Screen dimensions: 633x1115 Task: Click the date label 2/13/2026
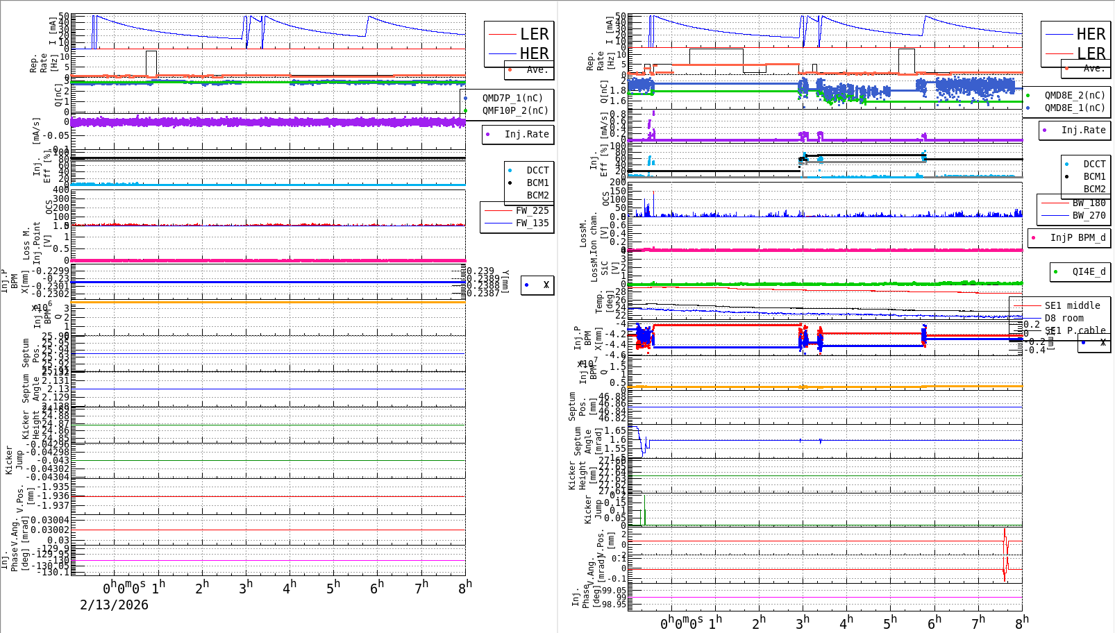point(114,605)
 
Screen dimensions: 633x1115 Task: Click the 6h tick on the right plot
point(934,623)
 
